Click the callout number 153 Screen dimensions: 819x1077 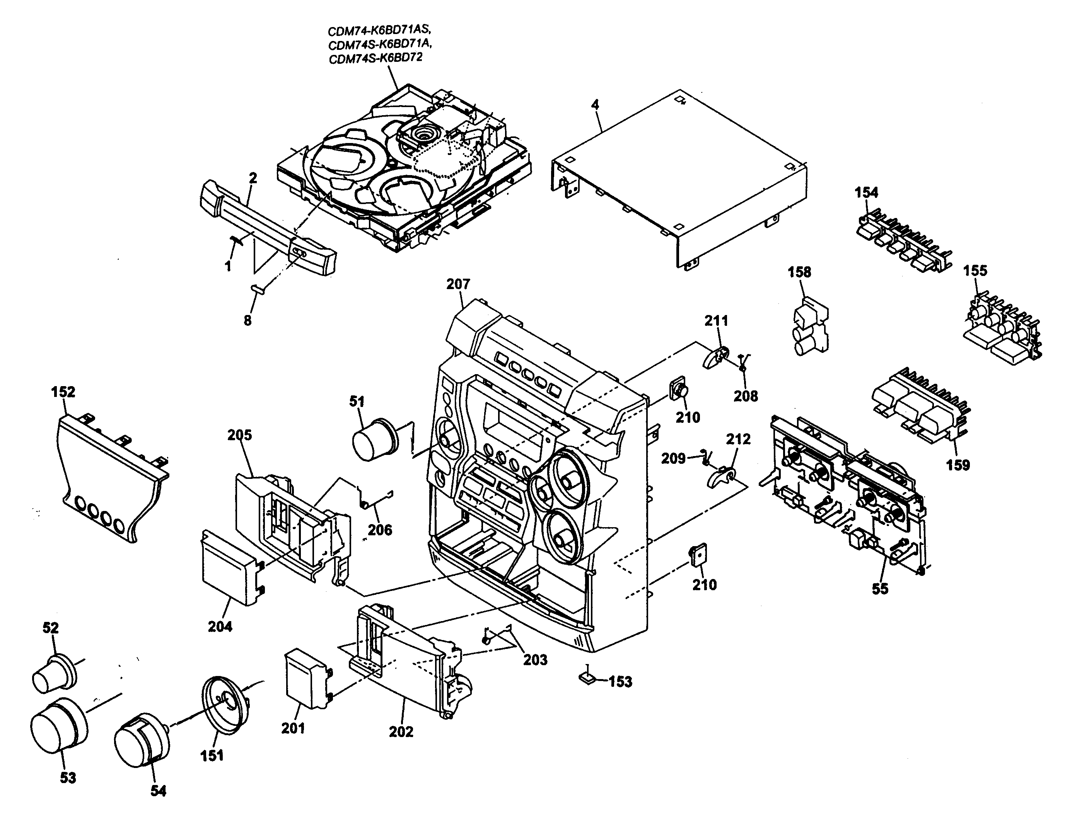620,681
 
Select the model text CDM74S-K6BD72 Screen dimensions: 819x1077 375,58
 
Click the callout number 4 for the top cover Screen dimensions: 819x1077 595,105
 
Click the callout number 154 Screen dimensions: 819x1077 866,192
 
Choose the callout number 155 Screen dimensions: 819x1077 975,271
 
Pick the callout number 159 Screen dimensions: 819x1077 958,465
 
